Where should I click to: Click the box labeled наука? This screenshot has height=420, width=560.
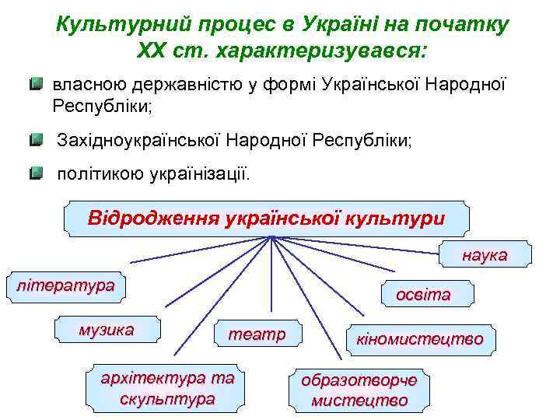485,255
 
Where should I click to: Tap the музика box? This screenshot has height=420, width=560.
107,330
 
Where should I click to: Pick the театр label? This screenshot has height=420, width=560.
256,334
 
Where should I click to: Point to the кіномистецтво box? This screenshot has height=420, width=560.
419,339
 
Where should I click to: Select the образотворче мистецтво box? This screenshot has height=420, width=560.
359,390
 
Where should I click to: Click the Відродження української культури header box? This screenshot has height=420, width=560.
267,217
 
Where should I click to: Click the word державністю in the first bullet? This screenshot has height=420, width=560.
182,82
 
